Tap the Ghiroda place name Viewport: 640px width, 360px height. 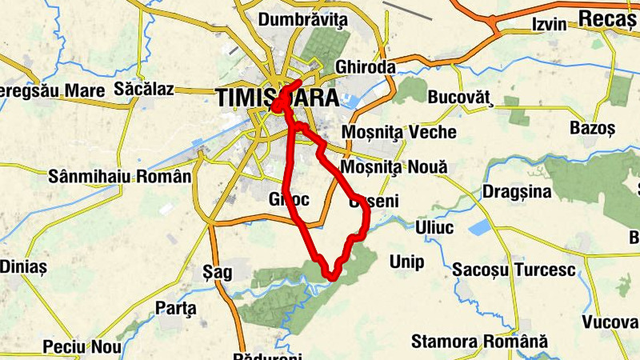pos(366,67)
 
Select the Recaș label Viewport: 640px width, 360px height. pos(606,18)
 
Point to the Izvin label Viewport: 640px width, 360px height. pos(549,26)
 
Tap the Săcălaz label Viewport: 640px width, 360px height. pos(144,89)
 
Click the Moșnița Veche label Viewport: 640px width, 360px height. pos(398,132)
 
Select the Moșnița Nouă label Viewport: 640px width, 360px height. pos(394,167)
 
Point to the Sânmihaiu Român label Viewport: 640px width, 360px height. pos(120,175)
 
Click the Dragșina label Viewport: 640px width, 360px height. pos(517,192)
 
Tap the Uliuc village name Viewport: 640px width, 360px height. pos(434,228)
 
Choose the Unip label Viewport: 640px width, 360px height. pos(406,262)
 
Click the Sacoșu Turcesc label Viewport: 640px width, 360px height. pos(514,270)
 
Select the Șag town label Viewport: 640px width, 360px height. pos(218,272)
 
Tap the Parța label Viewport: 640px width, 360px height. pos(175,307)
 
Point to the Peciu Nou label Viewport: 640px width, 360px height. pos(82,346)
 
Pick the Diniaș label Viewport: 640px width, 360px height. pos(23,266)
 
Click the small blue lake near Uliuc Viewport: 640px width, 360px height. pos(482,228)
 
